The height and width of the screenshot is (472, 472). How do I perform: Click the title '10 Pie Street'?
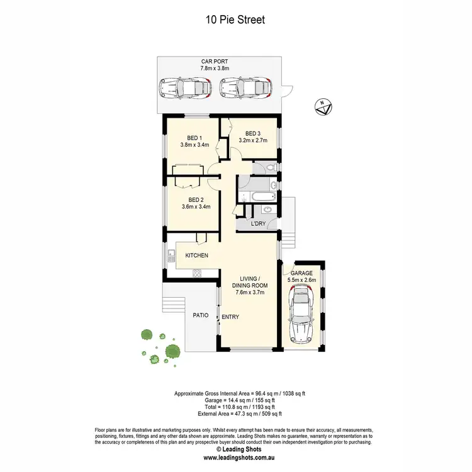point(235,20)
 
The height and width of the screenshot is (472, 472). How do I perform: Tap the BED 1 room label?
point(194,138)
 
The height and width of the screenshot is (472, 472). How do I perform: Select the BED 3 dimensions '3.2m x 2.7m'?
point(252,140)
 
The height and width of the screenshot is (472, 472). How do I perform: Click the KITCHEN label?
point(196,255)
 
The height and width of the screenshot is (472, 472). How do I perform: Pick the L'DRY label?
point(257,224)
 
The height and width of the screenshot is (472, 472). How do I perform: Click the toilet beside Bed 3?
point(268,167)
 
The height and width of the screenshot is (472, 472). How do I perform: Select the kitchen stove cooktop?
point(196,273)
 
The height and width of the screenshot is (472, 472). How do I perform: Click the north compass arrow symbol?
point(323,107)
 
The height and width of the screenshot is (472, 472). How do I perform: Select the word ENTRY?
point(230,317)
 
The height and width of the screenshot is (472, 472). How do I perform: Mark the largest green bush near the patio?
point(172,351)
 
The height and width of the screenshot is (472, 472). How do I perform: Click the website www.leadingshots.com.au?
point(236,458)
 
